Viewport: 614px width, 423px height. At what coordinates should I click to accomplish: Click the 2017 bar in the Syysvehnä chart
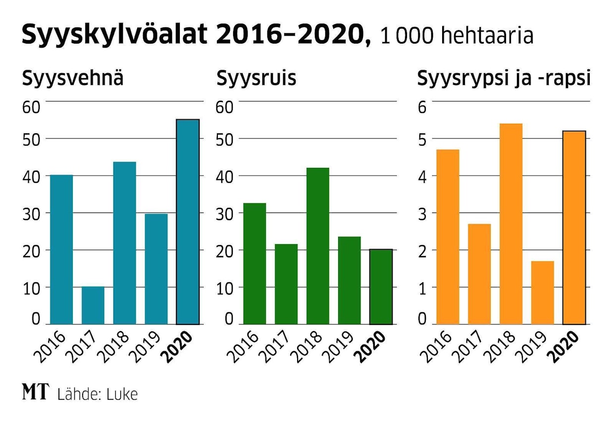[x=93, y=305]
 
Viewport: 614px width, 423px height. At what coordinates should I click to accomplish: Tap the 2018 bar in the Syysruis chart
[x=317, y=246]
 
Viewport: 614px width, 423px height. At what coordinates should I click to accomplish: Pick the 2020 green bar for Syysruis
[x=381, y=287]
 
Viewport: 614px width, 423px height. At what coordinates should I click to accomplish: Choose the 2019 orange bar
[x=542, y=292]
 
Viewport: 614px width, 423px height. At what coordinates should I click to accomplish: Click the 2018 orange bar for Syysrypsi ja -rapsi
[x=511, y=224]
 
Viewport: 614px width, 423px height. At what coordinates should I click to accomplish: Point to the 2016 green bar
[x=255, y=264]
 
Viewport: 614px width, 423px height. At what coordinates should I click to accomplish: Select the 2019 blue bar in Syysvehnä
[x=156, y=269]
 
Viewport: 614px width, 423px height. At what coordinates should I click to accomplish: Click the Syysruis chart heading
[x=256, y=79]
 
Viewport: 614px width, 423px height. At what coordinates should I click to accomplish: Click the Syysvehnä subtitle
[x=72, y=79]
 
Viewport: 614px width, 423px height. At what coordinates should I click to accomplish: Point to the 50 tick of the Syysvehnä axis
[x=31, y=139]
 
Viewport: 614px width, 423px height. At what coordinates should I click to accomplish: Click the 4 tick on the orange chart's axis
[x=421, y=176]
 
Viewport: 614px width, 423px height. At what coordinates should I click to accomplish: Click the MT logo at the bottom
[x=36, y=392]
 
